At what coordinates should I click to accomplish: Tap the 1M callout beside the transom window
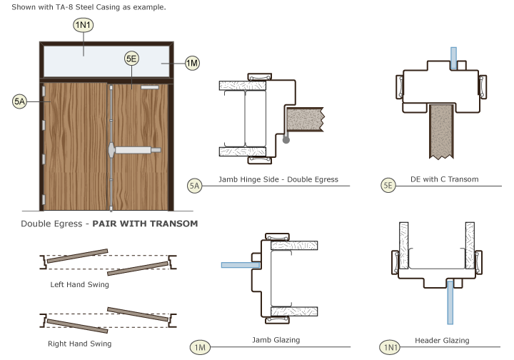[x=192, y=64]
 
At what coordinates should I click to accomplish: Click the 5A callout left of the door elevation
[x=20, y=102]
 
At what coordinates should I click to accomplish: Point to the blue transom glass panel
[x=107, y=63]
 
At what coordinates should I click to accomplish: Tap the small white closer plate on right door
[x=151, y=89]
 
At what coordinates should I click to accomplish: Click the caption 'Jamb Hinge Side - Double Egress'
[x=277, y=179]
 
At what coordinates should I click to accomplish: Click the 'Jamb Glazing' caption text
[x=276, y=340]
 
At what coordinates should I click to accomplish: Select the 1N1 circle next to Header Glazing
[x=390, y=348]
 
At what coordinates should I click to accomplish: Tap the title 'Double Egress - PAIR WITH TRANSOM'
[x=109, y=224]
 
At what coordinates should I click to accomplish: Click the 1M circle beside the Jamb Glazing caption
[x=200, y=348]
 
